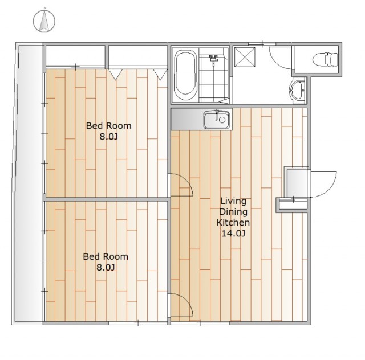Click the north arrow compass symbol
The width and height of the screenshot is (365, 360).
click(x=44, y=21)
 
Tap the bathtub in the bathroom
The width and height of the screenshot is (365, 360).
click(x=185, y=75)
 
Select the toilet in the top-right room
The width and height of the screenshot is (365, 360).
click(x=325, y=60)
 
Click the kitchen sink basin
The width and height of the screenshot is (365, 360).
click(x=217, y=120)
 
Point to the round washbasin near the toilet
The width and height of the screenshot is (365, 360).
click(x=297, y=90)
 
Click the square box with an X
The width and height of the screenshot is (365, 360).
click(x=245, y=57)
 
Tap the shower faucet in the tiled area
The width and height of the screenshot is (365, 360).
click(x=213, y=59)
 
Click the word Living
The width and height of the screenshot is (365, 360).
click(x=233, y=201)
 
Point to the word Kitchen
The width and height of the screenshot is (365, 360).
click(x=233, y=223)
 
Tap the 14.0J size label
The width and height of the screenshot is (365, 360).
click(x=233, y=233)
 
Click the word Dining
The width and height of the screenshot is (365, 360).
click(x=233, y=212)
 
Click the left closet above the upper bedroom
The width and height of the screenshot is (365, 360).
click(x=75, y=56)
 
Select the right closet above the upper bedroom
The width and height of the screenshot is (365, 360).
click(x=138, y=56)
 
